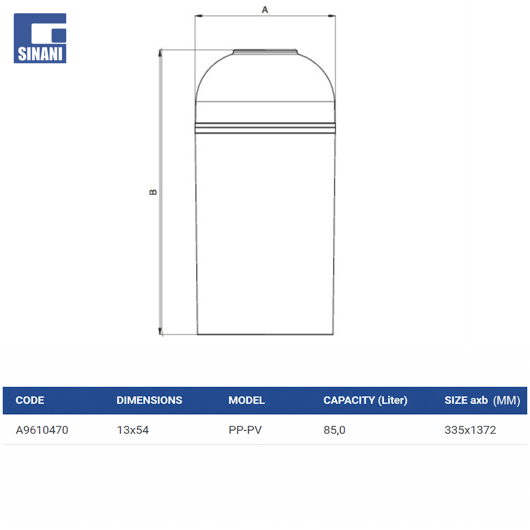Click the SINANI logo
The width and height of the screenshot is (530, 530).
[40, 38]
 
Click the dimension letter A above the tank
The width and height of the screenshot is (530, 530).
[265, 10]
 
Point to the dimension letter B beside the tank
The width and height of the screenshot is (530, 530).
[153, 192]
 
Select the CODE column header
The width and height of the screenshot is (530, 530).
[30, 400]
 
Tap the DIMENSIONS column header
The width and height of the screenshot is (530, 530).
[149, 400]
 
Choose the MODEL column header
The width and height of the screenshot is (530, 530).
[246, 400]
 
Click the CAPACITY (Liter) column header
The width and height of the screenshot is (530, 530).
[366, 400]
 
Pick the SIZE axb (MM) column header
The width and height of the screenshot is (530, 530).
[482, 400]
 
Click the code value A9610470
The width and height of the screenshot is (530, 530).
[42, 430]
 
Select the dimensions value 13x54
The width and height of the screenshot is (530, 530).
[133, 430]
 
